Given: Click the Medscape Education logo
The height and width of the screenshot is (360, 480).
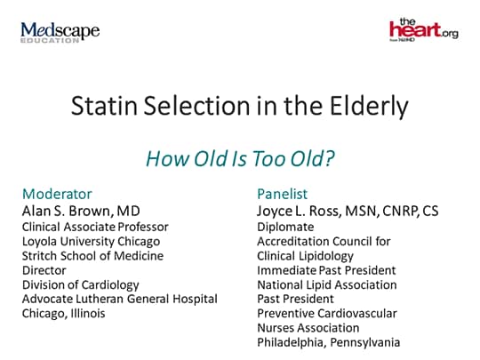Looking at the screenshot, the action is (x=60, y=32).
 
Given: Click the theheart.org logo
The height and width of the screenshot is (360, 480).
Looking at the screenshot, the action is (x=424, y=29).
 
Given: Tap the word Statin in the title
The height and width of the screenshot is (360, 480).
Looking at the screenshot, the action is (x=104, y=106).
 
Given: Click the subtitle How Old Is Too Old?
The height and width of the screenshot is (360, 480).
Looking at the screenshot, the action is (x=240, y=158).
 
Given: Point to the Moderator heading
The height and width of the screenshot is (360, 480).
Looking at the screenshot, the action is (x=57, y=194).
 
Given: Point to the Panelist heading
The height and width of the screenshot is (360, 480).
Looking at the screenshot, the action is (x=283, y=194).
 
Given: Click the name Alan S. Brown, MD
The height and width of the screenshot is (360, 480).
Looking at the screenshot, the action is (x=81, y=211).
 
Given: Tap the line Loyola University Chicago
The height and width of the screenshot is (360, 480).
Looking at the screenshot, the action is (x=91, y=242).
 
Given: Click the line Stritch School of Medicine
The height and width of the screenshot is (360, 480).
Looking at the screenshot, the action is (x=92, y=256).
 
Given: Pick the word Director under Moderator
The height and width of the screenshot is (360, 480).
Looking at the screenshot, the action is (x=44, y=270).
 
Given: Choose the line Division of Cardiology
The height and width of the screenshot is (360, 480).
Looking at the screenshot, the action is (x=81, y=285).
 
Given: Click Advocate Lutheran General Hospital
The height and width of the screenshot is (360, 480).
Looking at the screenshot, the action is (x=120, y=299).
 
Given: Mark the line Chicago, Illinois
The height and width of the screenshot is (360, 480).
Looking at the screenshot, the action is (x=64, y=314).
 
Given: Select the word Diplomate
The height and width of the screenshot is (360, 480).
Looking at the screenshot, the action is (x=285, y=228).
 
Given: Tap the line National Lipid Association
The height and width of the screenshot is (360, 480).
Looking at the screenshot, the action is (x=327, y=285).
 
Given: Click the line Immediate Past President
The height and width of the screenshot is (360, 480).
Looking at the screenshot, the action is (x=326, y=270).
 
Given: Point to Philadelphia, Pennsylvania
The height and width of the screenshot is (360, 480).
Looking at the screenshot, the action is (x=329, y=342).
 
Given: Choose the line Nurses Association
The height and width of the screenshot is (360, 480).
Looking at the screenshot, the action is (x=308, y=328).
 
